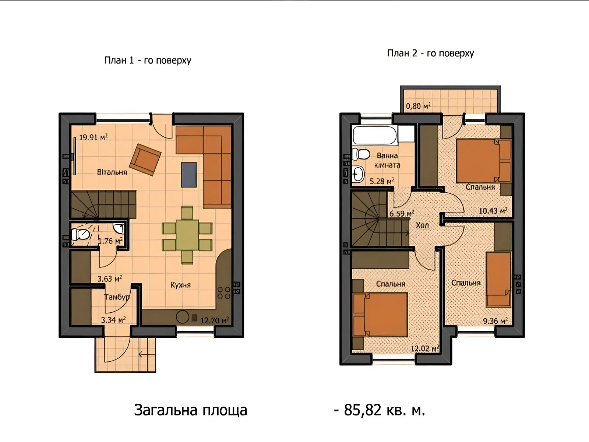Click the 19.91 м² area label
pos(94,137)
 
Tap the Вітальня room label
pos(112,172)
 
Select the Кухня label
pos(180,285)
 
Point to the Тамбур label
pos(117,297)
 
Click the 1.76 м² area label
pos(110,241)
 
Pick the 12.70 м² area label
pos(215,320)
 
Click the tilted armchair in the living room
pos(145,160)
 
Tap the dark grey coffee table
pos(189,175)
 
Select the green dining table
pos(187,235)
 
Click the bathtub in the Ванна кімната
pos(375,136)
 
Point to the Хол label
pos(422,225)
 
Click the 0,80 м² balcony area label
pos(418,106)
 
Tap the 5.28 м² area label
pos(382,181)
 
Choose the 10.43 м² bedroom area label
pos(493,211)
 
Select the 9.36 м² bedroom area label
pos(495,321)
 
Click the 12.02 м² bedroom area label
pos(425,348)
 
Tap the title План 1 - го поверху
pos(148,60)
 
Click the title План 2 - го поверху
pos(430,53)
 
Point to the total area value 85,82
pos(363,410)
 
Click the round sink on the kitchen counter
pos(183,317)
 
